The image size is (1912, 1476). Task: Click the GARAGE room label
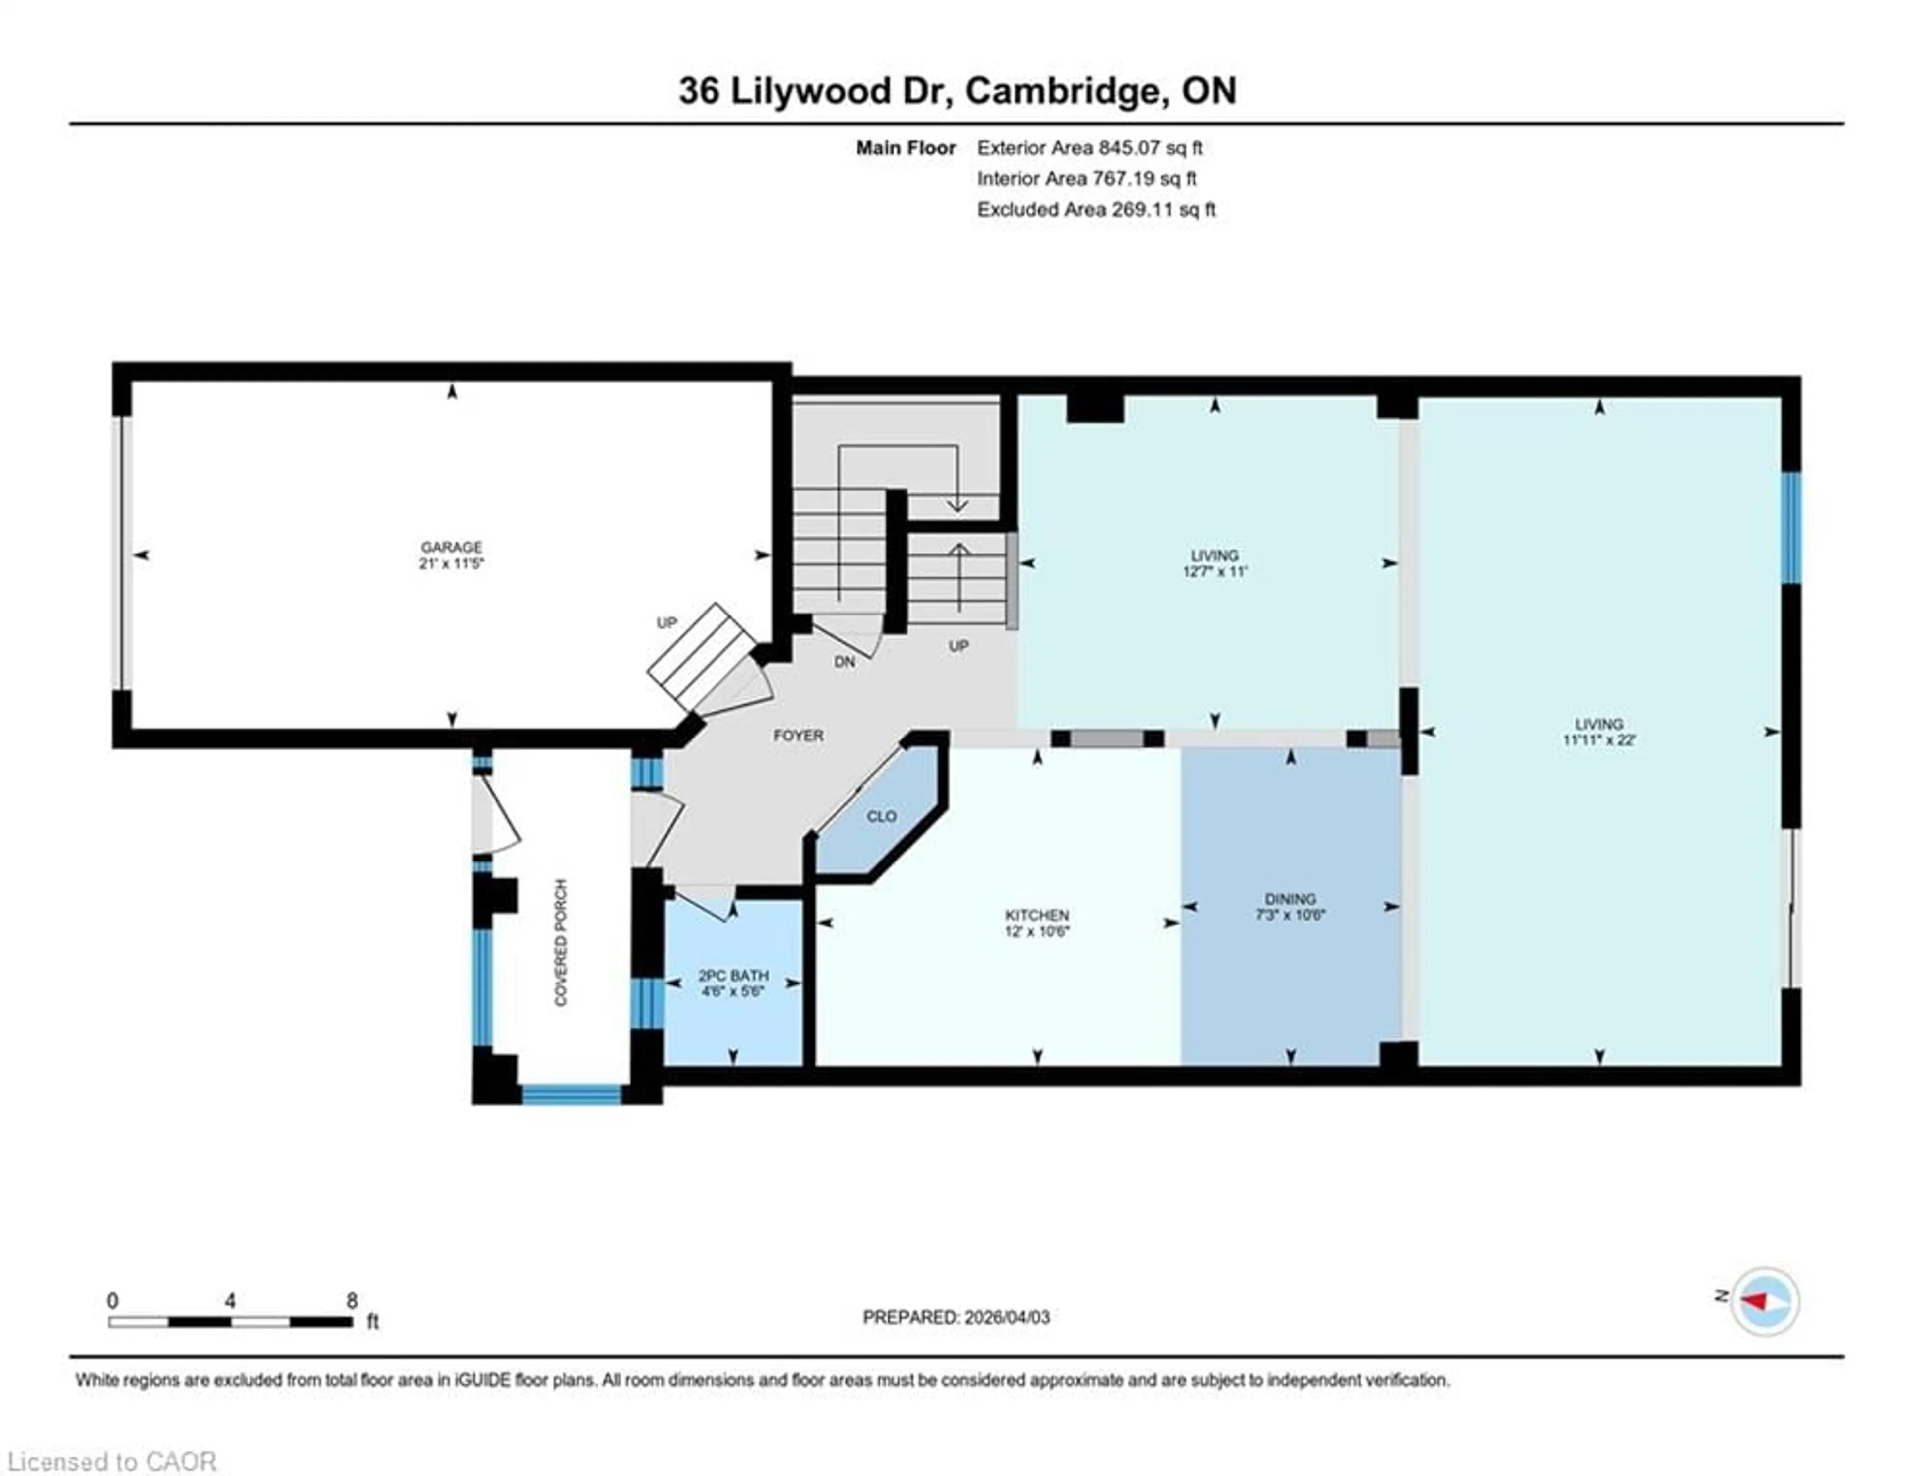[x=451, y=547]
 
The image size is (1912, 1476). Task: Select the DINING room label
[x=1290, y=899]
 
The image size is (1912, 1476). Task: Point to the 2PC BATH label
[x=733, y=975]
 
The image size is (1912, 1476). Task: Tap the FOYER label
[x=798, y=736]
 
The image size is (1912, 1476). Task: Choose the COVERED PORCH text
[x=561, y=943]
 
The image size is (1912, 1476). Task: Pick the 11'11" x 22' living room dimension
[x=1599, y=740]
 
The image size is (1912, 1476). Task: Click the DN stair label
[x=844, y=662]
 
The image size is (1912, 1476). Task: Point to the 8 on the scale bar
[x=352, y=1301]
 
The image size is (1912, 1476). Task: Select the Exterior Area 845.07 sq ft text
[x=1089, y=148]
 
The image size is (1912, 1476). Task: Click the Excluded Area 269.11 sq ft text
[x=1096, y=209]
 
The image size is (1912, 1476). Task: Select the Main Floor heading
[x=905, y=148]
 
